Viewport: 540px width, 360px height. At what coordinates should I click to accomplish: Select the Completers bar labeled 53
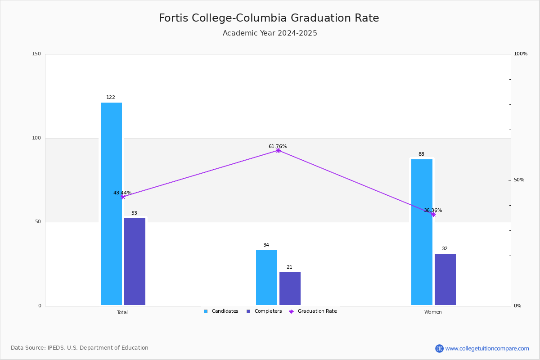135,261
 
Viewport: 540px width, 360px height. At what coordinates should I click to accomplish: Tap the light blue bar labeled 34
266,278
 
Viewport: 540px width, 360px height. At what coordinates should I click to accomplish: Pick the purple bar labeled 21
290,288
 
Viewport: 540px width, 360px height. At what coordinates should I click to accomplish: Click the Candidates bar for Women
422,232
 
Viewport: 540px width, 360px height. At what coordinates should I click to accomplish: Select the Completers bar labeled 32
445,279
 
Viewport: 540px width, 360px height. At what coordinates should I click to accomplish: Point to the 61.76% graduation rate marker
278,150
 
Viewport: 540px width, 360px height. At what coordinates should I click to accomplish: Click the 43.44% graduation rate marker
123,197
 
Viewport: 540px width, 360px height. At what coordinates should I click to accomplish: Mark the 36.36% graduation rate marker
433,215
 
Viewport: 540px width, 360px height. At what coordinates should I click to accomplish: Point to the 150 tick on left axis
36,54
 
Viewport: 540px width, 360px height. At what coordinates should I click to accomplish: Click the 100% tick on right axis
521,54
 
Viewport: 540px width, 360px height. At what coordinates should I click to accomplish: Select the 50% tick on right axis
519,180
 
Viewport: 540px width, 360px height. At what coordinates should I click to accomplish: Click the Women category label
433,312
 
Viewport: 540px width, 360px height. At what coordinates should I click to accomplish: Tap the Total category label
122,312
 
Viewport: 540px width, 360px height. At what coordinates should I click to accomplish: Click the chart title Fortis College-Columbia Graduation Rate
269,18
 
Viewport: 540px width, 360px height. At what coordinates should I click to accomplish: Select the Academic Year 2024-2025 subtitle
270,33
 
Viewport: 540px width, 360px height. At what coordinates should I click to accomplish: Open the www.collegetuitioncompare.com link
487,348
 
